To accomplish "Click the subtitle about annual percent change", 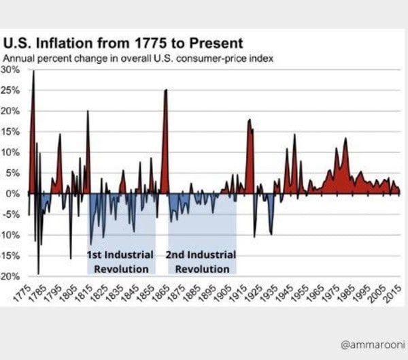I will [x=139, y=58].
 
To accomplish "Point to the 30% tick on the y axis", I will [x=12, y=69].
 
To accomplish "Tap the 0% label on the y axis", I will [x=15, y=194].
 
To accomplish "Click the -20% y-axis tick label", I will [x=12, y=276].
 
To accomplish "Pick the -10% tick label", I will [x=12, y=235].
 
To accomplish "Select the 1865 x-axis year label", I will [x=160, y=291].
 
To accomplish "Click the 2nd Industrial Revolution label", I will [x=201, y=261].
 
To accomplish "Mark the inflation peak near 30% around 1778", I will [x=33, y=72].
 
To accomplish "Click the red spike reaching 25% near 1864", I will [x=165, y=91].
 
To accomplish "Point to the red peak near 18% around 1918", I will [x=250, y=120].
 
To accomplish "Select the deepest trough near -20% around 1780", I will [x=38, y=273].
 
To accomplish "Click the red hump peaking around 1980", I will [x=345, y=139].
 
